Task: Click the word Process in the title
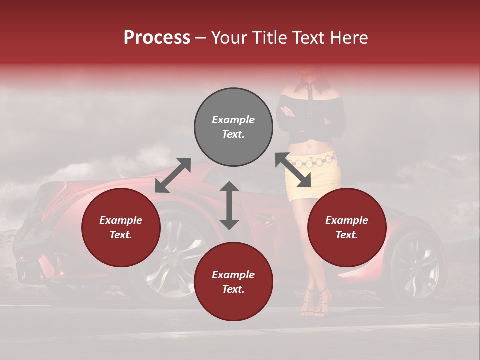pos(157,38)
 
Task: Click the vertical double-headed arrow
pos(229,205)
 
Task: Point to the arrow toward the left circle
pos(173,175)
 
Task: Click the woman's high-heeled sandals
pos(314,302)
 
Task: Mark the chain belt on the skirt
pos(315,161)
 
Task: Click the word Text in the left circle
pos(121,235)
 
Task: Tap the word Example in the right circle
pos(347,220)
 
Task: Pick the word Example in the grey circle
pos(233,120)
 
